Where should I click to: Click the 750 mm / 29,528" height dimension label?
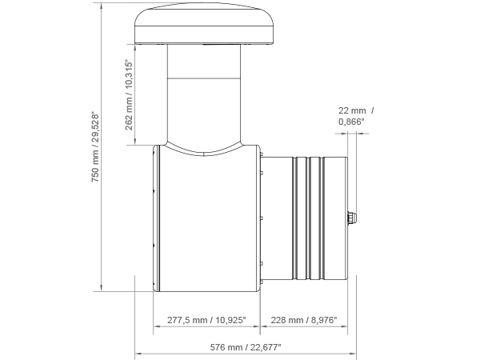pos(95,148)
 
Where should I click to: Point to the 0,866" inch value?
pos(351,122)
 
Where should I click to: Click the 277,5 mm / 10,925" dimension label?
pos(206,320)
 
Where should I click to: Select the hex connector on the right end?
pos(352,218)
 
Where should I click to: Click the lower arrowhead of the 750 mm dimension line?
pos(102,289)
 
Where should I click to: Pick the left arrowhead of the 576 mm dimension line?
pos(137,352)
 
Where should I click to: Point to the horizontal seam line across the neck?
pos(204,77)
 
